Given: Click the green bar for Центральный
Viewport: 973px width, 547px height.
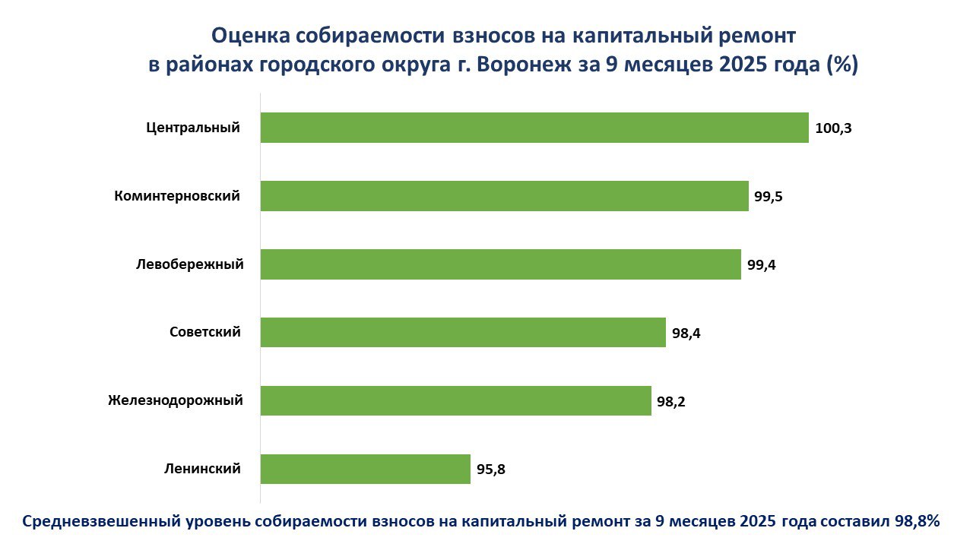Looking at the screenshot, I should (534, 128).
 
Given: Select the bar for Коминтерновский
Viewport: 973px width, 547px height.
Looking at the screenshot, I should (504, 196).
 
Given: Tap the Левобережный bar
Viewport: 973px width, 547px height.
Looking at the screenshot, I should (500, 264).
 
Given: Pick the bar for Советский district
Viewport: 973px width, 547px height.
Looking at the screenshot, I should (463, 332).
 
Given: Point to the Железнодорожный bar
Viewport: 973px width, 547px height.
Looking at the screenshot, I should (456, 400).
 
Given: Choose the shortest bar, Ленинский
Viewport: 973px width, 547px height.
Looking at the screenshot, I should (366, 469).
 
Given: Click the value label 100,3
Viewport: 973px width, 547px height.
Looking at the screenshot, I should (833, 128).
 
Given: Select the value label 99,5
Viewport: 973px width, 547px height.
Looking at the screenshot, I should (769, 197).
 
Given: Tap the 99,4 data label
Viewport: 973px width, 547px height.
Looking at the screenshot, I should (761, 265).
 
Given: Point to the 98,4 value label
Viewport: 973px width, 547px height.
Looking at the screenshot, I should (686, 333).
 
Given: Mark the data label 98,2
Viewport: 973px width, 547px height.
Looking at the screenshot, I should (671, 401).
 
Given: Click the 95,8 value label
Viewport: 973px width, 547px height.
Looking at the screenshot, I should (491, 470).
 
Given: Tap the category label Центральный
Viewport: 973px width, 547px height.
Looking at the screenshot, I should (193, 128).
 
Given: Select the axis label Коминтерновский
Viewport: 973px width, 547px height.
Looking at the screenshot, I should (177, 196).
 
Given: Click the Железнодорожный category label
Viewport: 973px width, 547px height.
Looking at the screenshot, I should (176, 400).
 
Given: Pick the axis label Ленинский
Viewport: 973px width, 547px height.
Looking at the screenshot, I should (202, 469).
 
